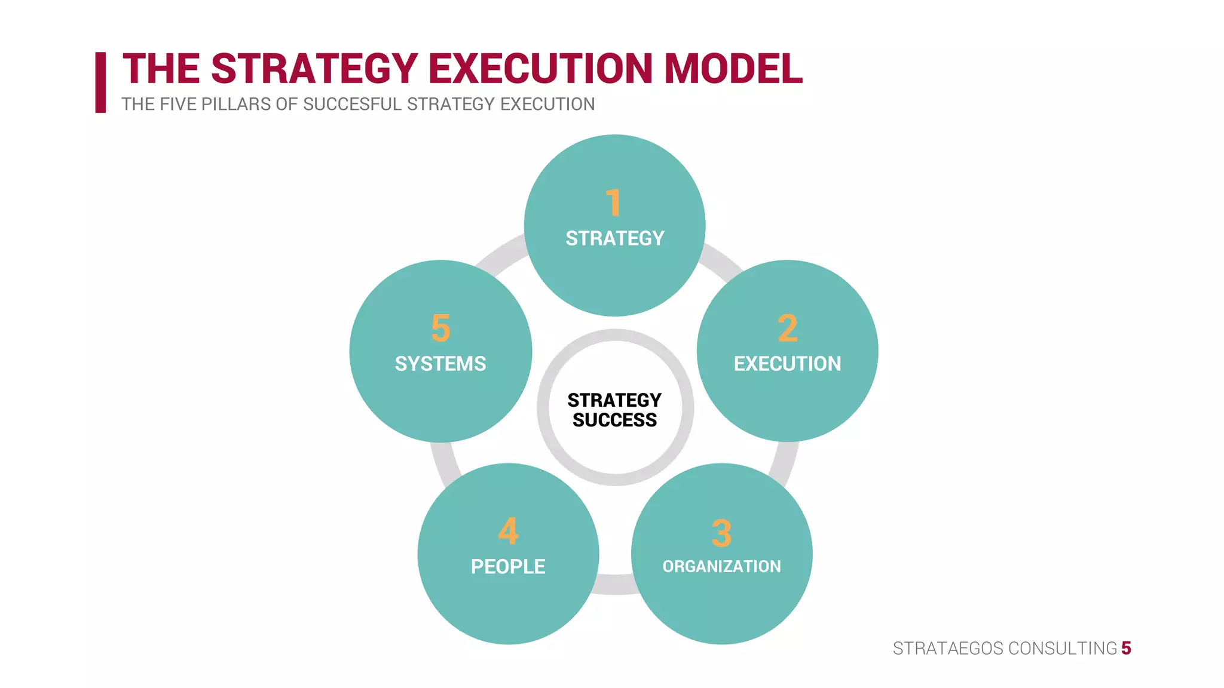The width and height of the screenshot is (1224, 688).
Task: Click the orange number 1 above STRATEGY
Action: click(614, 202)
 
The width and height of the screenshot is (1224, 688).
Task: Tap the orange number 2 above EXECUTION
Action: click(787, 328)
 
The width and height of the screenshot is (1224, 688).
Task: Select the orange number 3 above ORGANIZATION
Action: click(721, 533)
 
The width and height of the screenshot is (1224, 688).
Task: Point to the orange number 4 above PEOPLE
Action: click(508, 531)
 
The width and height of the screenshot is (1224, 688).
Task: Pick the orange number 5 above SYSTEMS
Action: click(440, 328)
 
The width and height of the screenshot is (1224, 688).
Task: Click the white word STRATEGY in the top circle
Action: click(614, 238)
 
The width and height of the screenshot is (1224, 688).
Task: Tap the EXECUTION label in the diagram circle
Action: click(787, 364)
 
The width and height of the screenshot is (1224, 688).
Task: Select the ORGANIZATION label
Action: click(721, 566)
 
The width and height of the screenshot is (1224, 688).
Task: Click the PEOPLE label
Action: click(508, 566)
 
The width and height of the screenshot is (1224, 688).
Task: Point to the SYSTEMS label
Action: click(440, 364)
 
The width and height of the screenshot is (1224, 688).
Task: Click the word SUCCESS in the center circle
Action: click(614, 420)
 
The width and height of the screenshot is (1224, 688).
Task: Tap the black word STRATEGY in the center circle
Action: click(614, 400)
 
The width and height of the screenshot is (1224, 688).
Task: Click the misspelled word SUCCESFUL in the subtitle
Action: click(352, 104)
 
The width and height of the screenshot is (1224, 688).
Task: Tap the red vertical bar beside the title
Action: click(100, 82)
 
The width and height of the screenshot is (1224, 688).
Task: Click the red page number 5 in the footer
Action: click(1126, 648)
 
